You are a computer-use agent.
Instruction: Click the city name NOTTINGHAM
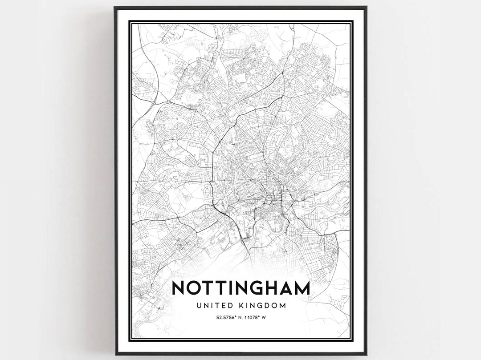240,288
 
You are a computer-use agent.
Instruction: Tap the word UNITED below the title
212,306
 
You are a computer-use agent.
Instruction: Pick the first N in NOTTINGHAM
179,288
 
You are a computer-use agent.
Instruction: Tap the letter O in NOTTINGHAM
195,288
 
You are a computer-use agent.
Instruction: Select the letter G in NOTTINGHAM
261,288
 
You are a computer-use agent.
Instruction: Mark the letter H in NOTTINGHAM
277,288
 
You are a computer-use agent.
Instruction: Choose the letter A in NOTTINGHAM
290,288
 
